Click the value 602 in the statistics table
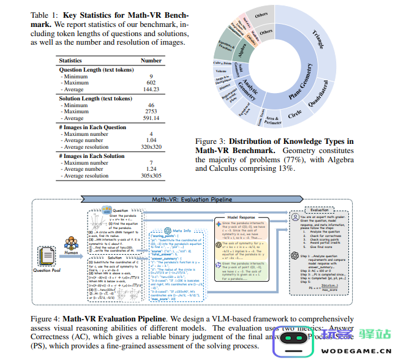pyautogui.click(x=151, y=83)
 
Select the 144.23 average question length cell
pyautogui.click(x=151, y=89)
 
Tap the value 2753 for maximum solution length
pyautogui.click(x=151, y=112)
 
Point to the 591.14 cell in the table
pyautogui.click(x=151, y=119)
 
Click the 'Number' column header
pyautogui.click(x=151, y=61)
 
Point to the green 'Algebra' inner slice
pyautogui.click(x=242, y=48)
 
